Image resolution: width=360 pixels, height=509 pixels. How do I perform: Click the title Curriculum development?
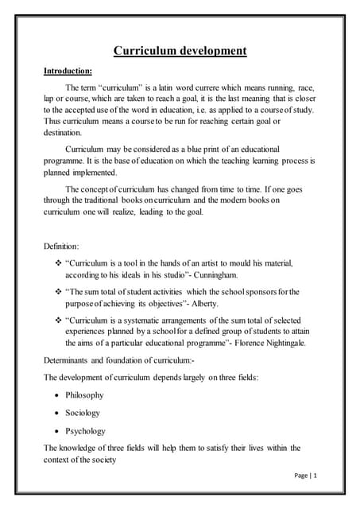click(x=180, y=52)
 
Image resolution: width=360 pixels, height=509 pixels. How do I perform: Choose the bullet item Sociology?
click(x=83, y=414)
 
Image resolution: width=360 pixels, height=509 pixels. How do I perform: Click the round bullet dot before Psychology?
click(x=59, y=431)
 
